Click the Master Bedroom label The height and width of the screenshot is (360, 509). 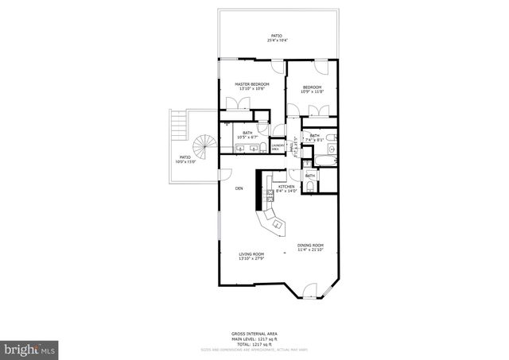tap(251, 83)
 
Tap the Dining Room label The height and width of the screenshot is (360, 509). tap(311, 245)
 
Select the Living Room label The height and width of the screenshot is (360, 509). tap(251, 254)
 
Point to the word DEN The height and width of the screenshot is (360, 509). tap(239, 188)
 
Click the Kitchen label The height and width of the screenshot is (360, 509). tap(286, 187)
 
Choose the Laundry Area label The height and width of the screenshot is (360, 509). tap(278, 146)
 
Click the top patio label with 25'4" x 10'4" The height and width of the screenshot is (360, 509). tap(277, 36)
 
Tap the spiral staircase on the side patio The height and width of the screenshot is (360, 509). tap(206, 147)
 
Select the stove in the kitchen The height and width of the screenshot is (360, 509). tap(270, 193)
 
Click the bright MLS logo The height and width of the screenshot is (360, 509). tap(30, 348)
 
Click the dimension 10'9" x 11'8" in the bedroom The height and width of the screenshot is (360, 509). tap(311, 91)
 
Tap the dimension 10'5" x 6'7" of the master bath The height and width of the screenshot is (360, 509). tap(248, 137)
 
